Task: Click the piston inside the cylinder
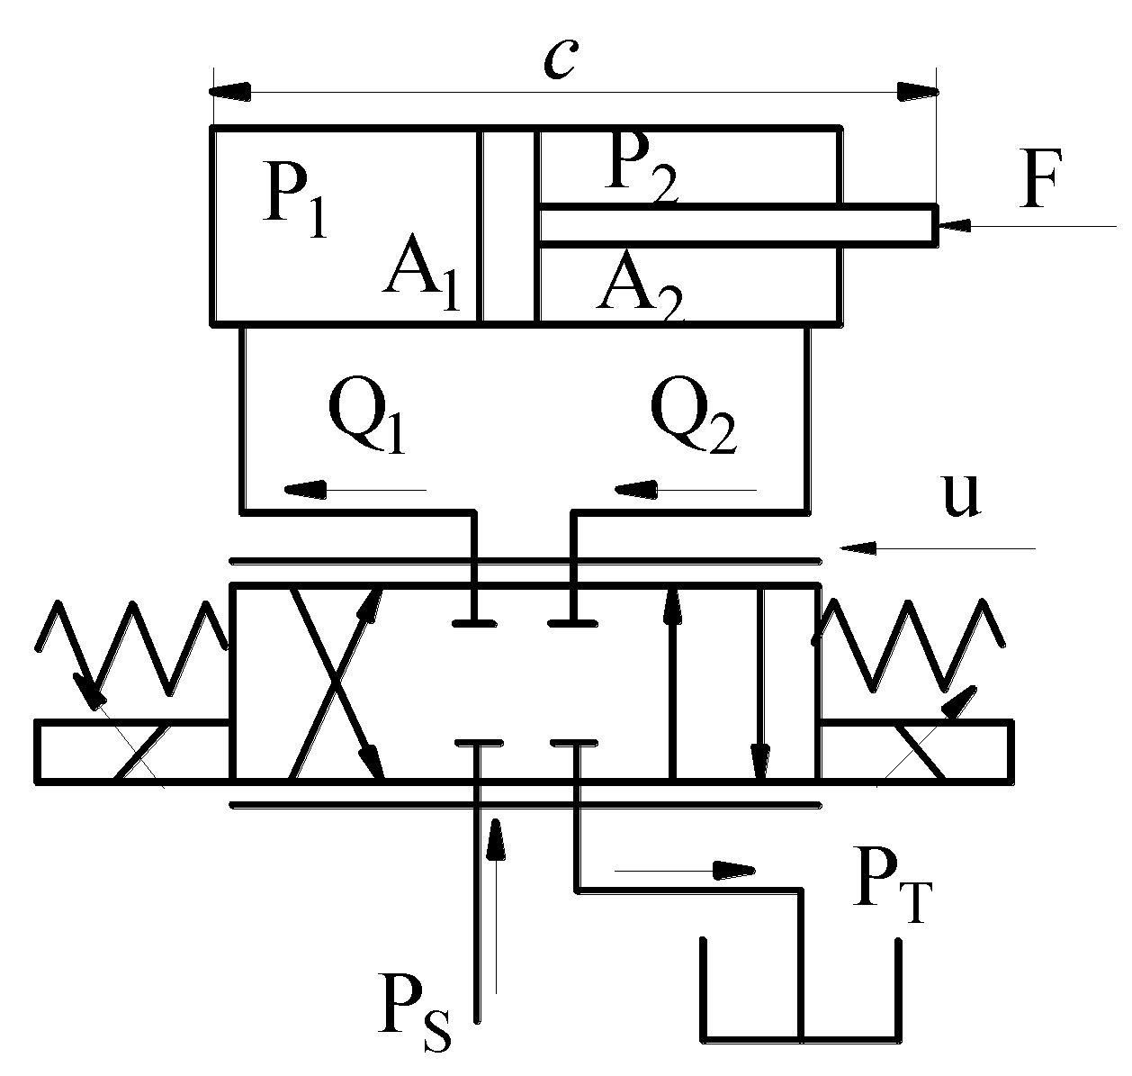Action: [x=508, y=225]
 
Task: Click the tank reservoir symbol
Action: [x=800, y=999]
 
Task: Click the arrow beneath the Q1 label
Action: [x=355, y=490]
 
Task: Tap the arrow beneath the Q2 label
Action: [x=685, y=490]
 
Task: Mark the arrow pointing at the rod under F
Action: [x=1026, y=225]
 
